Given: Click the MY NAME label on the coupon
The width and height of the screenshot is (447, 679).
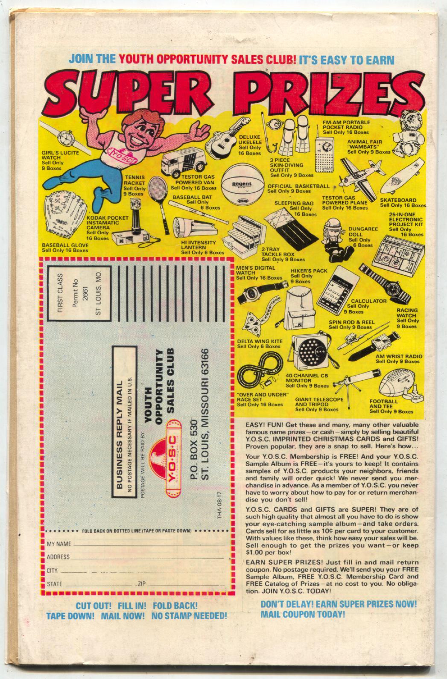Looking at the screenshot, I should click(x=58, y=545).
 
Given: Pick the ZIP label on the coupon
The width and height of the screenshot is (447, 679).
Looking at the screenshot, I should click(x=142, y=583).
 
